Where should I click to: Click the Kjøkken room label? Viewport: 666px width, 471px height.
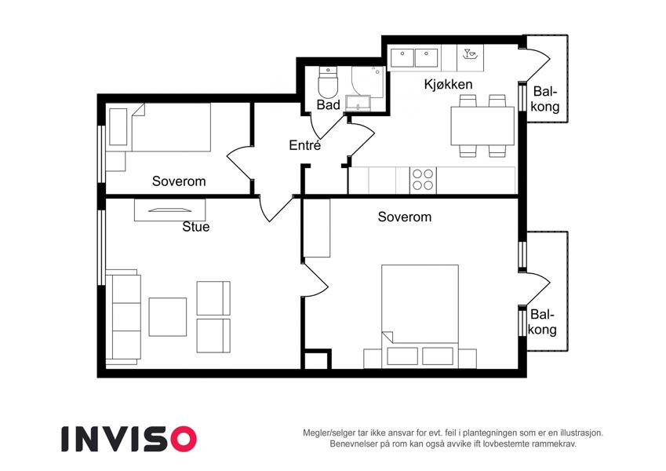pyautogui.click(x=448, y=84)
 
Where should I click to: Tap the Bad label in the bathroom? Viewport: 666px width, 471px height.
pyautogui.click(x=329, y=104)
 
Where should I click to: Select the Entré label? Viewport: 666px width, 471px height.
pyautogui.click(x=304, y=145)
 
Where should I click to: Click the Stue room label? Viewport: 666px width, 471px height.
pyautogui.click(x=196, y=227)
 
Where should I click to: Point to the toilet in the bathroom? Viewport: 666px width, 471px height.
pyautogui.click(x=327, y=82)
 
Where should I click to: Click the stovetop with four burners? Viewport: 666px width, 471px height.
pyautogui.click(x=423, y=180)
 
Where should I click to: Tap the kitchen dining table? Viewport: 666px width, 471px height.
pyautogui.click(x=482, y=126)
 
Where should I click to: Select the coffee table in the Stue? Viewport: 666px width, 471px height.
pyautogui.click(x=167, y=316)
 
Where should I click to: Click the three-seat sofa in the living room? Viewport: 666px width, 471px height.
pyautogui.click(x=123, y=317)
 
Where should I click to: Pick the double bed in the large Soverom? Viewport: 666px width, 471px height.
pyautogui.click(x=420, y=316)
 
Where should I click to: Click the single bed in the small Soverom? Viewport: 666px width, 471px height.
pyautogui.click(x=160, y=127)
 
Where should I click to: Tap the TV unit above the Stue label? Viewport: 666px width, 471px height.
pyautogui.click(x=170, y=210)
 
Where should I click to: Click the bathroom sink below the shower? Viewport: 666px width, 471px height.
pyautogui.click(x=358, y=104)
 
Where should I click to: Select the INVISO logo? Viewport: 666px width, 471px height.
pyautogui.click(x=129, y=439)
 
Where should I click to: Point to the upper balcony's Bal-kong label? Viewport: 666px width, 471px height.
pyautogui.click(x=545, y=99)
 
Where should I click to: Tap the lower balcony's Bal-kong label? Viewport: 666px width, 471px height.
pyautogui.click(x=542, y=322)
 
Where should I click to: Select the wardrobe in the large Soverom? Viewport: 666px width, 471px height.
pyautogui.click(x=317, y=228)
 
